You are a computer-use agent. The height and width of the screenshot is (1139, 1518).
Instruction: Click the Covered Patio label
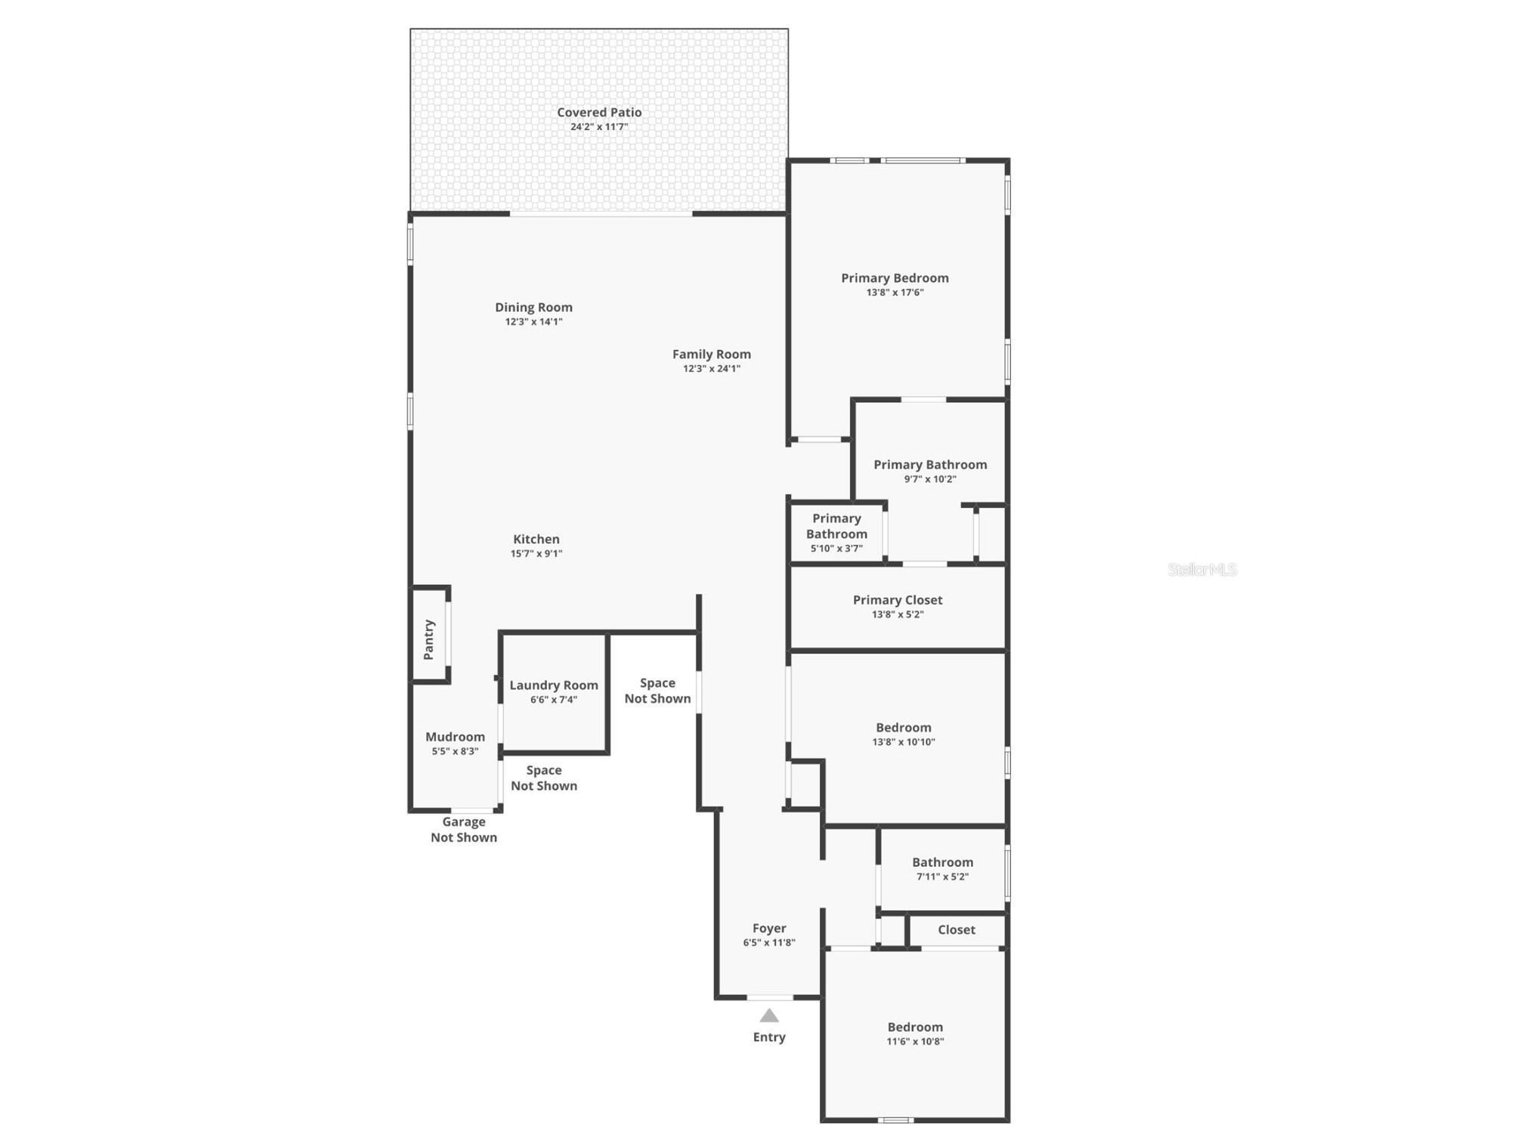pos(599,113)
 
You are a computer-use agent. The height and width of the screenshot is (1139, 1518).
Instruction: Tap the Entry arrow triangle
pos(769,1016)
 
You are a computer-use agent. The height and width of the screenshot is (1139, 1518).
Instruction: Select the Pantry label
pos(429,639)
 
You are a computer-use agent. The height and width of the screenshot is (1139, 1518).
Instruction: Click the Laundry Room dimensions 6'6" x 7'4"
pos(554,700)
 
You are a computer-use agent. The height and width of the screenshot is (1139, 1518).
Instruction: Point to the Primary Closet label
pos(898,600)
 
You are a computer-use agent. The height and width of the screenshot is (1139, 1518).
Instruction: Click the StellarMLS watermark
pos(1201,570)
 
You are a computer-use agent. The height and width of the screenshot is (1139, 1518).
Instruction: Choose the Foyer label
pos(769,928)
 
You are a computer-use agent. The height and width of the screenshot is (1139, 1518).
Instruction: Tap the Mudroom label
pos(455,737)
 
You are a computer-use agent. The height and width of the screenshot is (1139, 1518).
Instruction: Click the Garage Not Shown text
pos(464,830)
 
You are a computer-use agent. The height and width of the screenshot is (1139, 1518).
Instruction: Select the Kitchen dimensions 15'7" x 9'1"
pos(536,554)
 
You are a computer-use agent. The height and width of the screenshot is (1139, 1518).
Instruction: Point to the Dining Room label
pos(533,308)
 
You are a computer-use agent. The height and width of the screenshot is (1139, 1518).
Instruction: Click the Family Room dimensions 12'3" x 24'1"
pos(712,369)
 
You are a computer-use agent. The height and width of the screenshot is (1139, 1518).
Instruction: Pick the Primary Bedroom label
pos(895,278)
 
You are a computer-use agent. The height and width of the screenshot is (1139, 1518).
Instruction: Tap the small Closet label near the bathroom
pos(957,930)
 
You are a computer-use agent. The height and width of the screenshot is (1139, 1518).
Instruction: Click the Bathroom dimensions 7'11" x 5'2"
pos(942,877)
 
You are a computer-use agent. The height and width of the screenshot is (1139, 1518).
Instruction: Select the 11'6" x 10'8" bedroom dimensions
pos(915,1042)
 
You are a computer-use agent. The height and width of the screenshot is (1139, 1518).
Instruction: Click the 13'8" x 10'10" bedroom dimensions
pos(904,742)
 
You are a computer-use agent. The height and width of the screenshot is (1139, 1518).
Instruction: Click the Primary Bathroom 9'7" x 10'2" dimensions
pos(930,479)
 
